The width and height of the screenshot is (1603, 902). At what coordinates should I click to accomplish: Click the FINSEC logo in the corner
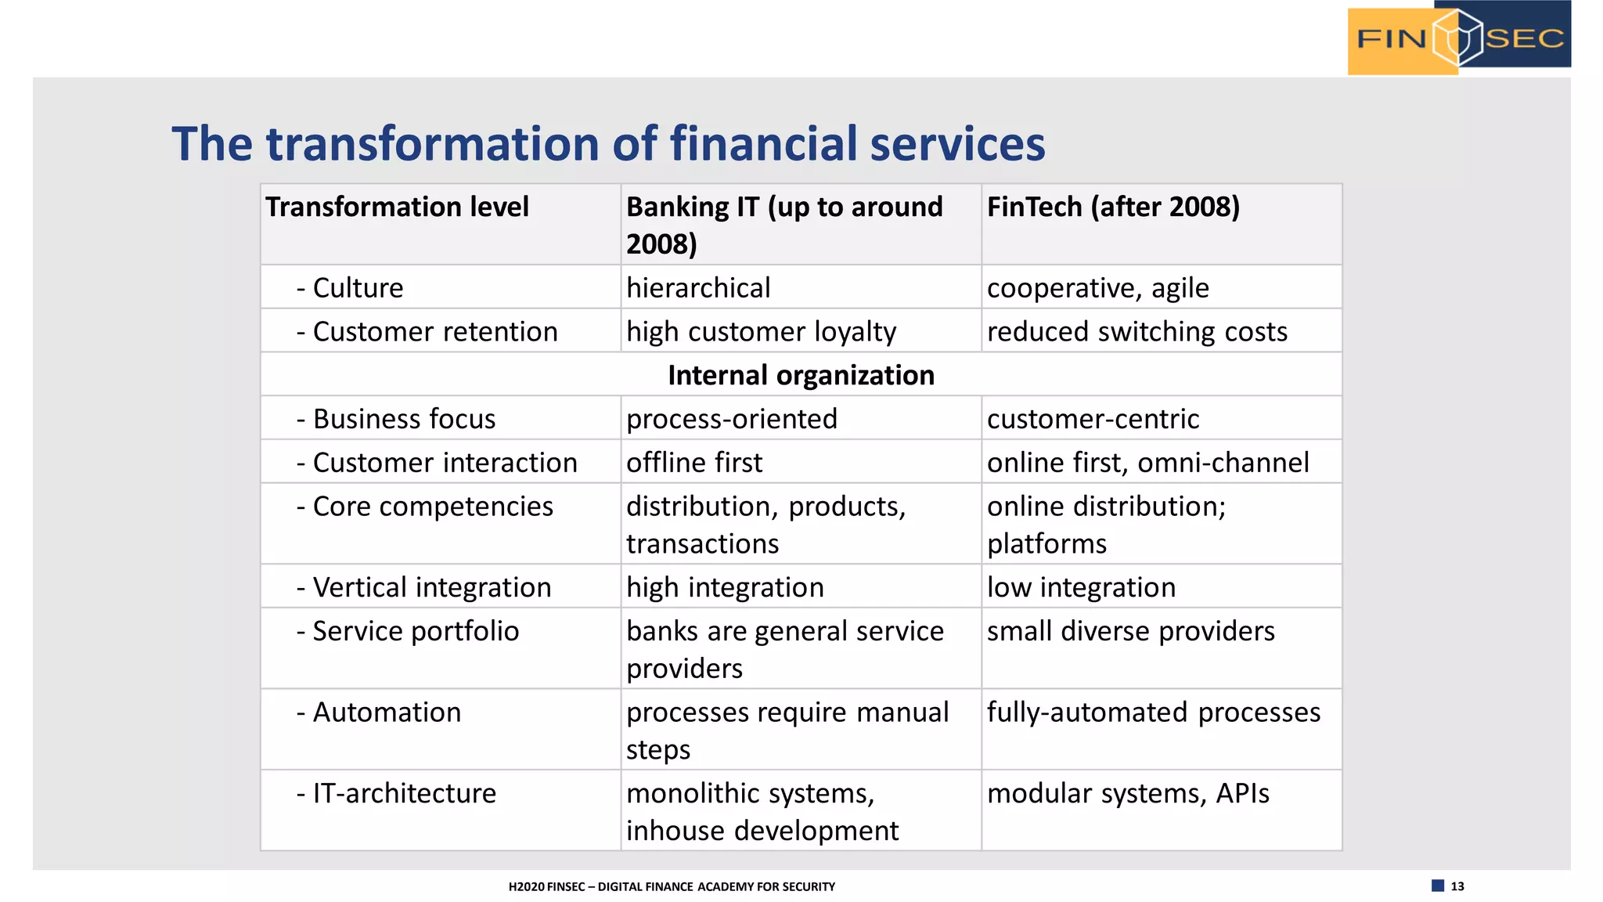[x=1459, y=38]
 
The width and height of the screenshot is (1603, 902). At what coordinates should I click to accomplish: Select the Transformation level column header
[x=398, y=207]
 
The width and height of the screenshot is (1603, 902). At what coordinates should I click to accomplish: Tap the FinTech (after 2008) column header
[x=1113, y=207]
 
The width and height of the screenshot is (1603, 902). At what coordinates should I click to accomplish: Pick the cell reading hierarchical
[x=698, y=288]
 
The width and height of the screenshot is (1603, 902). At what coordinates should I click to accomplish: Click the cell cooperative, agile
[x=1097, y=288]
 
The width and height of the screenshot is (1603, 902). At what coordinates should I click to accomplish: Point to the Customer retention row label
[x=427, y=332]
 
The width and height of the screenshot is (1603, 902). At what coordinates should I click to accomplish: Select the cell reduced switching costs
[x=1137, y=332]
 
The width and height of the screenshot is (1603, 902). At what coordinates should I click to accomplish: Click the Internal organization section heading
[x=801, y=376]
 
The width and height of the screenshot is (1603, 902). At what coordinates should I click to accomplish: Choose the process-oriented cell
[x=732, y=419]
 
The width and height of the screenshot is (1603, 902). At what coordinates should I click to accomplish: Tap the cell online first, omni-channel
[x=1147, y=463]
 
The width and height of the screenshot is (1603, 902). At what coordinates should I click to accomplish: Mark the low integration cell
[x=1081, y=587]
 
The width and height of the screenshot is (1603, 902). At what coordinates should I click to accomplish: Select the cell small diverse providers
[x=1130, y=631]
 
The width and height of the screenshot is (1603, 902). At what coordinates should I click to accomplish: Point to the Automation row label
[x=380, y=713]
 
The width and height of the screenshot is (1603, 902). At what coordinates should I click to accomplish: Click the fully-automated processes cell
[x=1153, y=713]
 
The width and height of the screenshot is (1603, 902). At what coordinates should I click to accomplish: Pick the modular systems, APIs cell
[x=1128, y=794]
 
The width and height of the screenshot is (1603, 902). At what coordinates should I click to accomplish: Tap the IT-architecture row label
[x=397, y=794]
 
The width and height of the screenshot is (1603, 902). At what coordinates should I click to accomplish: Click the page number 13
[x=1457, y=886]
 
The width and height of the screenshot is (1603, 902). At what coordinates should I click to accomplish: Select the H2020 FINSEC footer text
[x=672, y=887]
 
